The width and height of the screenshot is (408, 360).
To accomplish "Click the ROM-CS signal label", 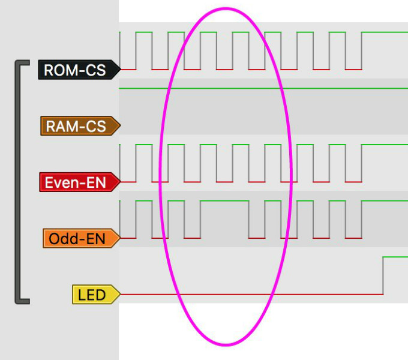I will [74, 70].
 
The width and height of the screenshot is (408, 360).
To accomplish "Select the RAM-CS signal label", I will [76, 126].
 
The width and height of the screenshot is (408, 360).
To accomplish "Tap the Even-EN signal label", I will [76, 182].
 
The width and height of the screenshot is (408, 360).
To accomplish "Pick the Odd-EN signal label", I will [77, 239].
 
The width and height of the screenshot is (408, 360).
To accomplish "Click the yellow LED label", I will [91, 295].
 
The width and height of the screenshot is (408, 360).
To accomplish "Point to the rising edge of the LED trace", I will [383, 275].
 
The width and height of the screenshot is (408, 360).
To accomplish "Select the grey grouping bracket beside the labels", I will [18, 180].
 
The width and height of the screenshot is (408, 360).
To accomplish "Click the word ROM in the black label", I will [58, 70].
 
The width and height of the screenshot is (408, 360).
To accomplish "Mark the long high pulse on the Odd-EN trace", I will [224, 201].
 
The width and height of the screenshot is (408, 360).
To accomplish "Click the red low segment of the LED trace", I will [252, 294].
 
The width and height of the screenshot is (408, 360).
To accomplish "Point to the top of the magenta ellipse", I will [225, 9].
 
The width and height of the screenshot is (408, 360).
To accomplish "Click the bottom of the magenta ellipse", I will [225, 344].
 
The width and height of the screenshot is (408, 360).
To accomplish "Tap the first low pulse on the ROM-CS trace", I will [128, 69].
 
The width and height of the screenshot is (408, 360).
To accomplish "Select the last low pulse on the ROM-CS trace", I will [353, 69].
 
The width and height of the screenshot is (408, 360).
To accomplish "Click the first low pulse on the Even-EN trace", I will [128, 181].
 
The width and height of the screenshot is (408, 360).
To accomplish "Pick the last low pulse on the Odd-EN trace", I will [353, 238].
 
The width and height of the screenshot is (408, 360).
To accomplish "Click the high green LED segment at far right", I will [396, 257].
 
